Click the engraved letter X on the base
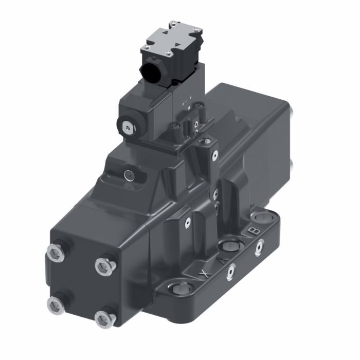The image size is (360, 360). [x=205, y=273]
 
